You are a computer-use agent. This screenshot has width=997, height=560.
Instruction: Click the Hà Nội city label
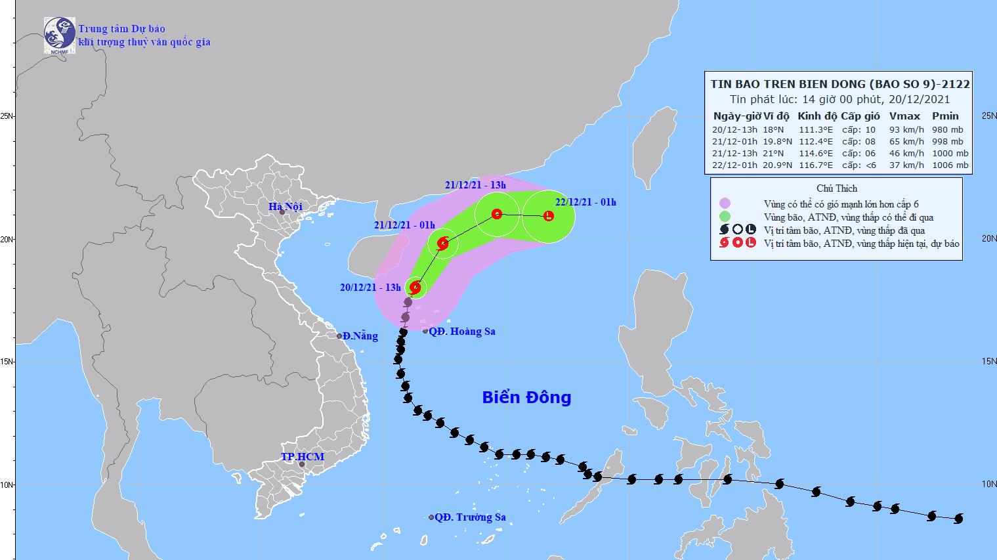coord(285,207)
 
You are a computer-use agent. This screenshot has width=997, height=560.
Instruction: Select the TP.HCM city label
coord(303,457)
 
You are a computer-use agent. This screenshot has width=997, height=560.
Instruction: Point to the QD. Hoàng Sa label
coord(462,332)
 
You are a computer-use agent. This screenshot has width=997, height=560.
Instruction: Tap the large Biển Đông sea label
coord(526,397)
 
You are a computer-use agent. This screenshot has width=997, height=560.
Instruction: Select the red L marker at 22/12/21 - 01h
coord(548,215)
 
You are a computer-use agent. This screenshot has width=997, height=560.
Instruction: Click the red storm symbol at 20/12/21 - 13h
coord(415,287)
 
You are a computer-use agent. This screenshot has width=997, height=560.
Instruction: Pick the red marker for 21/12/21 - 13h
coord(497,214)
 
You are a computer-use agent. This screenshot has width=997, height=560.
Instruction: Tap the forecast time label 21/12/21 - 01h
coord(400,225)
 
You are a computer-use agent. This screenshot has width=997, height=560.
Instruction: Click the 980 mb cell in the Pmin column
coord(947,129)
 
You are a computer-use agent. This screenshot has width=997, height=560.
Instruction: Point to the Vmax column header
coord(904,116)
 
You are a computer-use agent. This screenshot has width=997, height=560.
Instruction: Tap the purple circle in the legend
coord(725,204)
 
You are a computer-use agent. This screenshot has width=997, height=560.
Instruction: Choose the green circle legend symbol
coord(725,217)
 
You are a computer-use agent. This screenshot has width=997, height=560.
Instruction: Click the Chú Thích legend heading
coord(837,188)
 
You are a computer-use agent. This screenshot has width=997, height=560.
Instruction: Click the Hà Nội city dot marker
coord(282,212)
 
